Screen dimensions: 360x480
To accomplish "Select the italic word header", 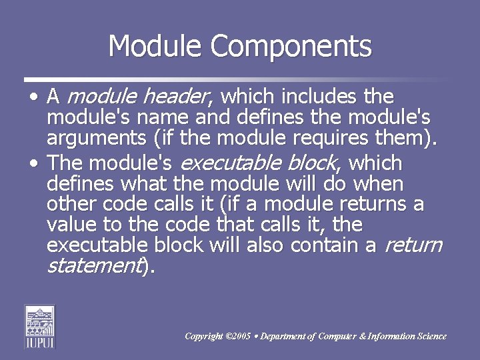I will pyautogui.click(x=176, y=97).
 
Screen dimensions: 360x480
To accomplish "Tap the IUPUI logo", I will pyautogui.click(x=40, y=326).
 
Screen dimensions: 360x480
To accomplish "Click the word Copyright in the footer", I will pyautogui.click(x=204, y=337).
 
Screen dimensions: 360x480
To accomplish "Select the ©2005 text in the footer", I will pyautogui.click(x=239, y=337).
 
